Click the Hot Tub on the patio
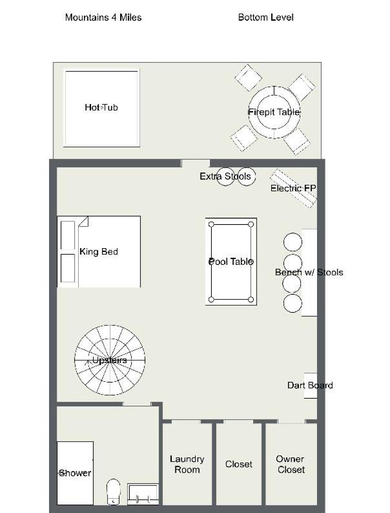click(x=101, y=108)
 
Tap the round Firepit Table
click(x=274, y=112)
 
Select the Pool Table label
click(x=231, y=262)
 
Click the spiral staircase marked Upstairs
click(x=110, y=360)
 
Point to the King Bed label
click(x=99, y=251)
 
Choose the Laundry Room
click(x=187, y=465)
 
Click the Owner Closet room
click(x=291, y=465)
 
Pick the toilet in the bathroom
click(x=114, y=492)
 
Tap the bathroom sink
click(x=143, y=494)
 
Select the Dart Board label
click(x=310, y=385)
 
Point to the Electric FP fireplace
click(x=293, y=188)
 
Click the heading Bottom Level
click(x=266, y=17)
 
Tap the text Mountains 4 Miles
click(x=103, y=17)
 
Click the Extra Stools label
click(x=225, y=176)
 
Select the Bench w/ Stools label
click(x=309, y=272)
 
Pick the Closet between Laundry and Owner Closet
click(x=239, y=465)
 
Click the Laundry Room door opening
click(x=186, y=421)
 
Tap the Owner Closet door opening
click(x=291, y=421)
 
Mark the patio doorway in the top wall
click(x=196, y=163)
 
